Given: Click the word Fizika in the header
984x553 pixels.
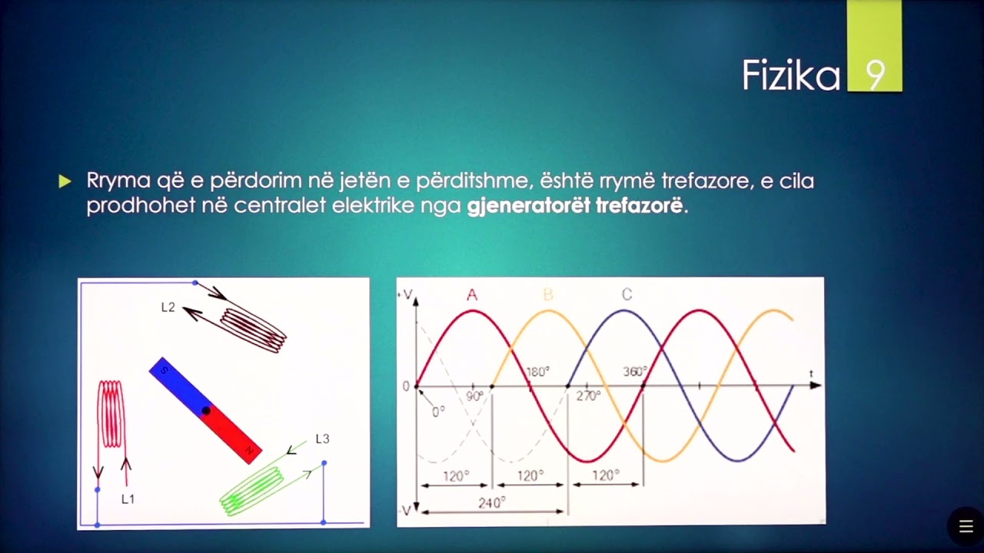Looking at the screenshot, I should click(x=790, y=75).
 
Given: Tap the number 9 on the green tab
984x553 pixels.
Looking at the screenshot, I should click(x=875, y=75).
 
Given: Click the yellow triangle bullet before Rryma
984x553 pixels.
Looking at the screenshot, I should click(x=65, y=181).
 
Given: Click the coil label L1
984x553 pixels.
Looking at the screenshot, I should click(x=128, y=499).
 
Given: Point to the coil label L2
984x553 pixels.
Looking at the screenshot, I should click(x=168, y=307).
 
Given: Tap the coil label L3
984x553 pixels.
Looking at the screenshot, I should click(x=322, y=439).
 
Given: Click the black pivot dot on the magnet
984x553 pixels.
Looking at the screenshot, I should click(x=205, y=411).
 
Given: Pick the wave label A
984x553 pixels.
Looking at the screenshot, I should click(x=472, y=295).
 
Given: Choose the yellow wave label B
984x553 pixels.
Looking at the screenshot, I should click(x=547, y=295).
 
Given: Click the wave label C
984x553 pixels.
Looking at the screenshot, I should click(x=627, y=295).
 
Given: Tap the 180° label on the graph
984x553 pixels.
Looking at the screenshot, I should click(x=537, y=372).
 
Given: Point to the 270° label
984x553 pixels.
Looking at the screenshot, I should click(x=588, y=396).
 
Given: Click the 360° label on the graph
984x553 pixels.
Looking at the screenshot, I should click(x=635, y=372).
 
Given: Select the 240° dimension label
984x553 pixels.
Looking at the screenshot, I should click(x=492, y=502).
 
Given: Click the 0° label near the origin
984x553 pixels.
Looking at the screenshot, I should click(x=438, y=412).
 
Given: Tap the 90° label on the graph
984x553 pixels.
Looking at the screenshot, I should click(x=474, y=396).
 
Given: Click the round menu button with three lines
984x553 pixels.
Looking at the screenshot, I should click(x=966, y=527).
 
